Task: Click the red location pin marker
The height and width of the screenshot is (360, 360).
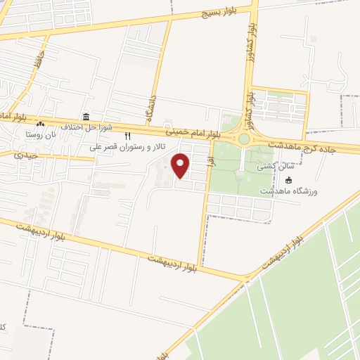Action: click(x=181, y=166)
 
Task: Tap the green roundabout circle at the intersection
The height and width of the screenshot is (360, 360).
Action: click(x=244, y=139)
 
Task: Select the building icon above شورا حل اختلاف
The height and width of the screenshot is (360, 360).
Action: click(x=86, y=117)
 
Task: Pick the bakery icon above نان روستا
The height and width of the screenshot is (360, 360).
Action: click(x=40, y=124)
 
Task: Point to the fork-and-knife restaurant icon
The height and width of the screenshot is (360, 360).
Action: click(x=127, y=136)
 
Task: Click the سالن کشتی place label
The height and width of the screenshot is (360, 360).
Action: click(x=271, y=168)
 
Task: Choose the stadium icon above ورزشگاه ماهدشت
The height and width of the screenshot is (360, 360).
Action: click(x=289, y=180)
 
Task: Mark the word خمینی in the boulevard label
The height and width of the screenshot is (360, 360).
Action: click(x=176, y=131)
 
